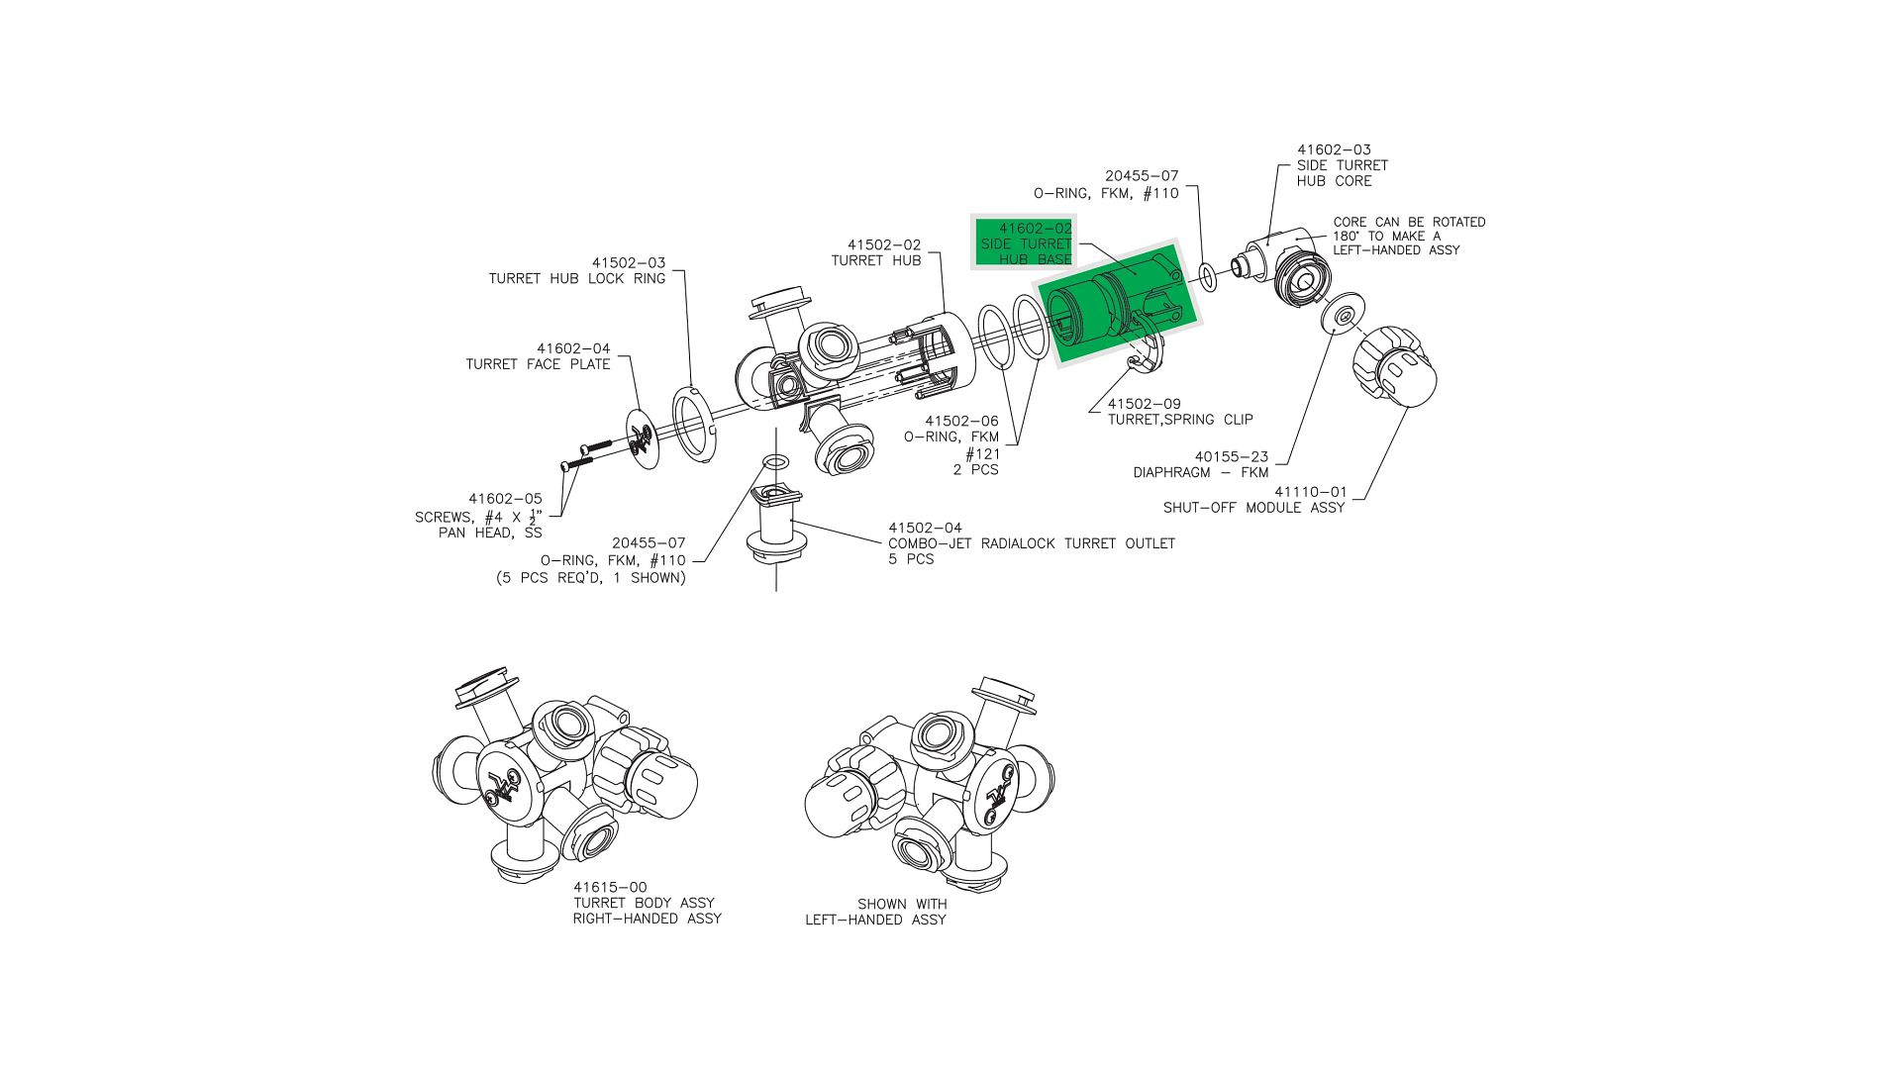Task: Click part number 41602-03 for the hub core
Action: tap(1334, 150)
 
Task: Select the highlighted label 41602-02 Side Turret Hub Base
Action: tap(1026, 243)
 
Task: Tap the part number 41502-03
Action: tap(629, 263)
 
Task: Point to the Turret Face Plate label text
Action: tap(538, 364)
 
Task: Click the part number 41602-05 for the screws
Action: tap(505, 500)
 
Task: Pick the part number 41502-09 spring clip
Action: tap(1144, 404)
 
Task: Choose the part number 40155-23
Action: tap(1231, 457)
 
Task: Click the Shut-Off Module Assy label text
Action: tap(1253, 508)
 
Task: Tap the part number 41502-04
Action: tap(925, 529)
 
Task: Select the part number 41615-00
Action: tap(610, 888)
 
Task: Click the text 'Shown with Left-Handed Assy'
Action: tap(876, 912)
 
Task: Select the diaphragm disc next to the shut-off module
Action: tap(1344, 314)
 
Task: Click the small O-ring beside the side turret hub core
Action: tap(1208, 277)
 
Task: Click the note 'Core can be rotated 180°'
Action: tap(1408, 237)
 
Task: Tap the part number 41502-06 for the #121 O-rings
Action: tap(961, 422)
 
